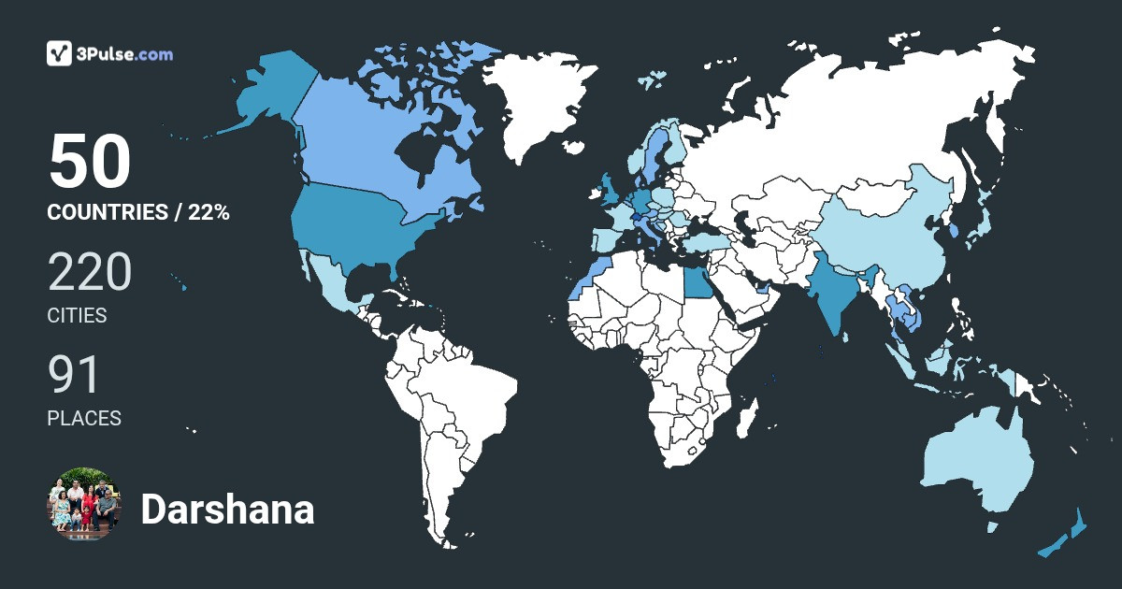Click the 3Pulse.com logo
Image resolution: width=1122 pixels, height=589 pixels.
(x=109, y=53)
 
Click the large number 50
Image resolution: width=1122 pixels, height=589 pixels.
(x=89, y=162)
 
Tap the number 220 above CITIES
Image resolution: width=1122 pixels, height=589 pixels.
(x=90, y=273)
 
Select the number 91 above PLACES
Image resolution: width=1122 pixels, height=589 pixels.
(x=74, y=376)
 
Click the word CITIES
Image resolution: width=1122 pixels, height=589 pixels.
(x=77, y=316)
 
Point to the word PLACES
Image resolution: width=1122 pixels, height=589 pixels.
(x=84, y=419)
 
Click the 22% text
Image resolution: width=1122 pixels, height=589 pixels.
(x=209, y=212)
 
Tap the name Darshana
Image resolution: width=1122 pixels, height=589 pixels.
(x=227, y=510)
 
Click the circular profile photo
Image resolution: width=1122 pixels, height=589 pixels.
(x=84, y=504)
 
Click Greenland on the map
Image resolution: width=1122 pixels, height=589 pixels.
(x=542, y=103)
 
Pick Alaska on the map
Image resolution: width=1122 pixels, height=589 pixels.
(x=271, y=93)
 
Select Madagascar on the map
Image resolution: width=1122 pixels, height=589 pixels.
(x=745, y=421)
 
